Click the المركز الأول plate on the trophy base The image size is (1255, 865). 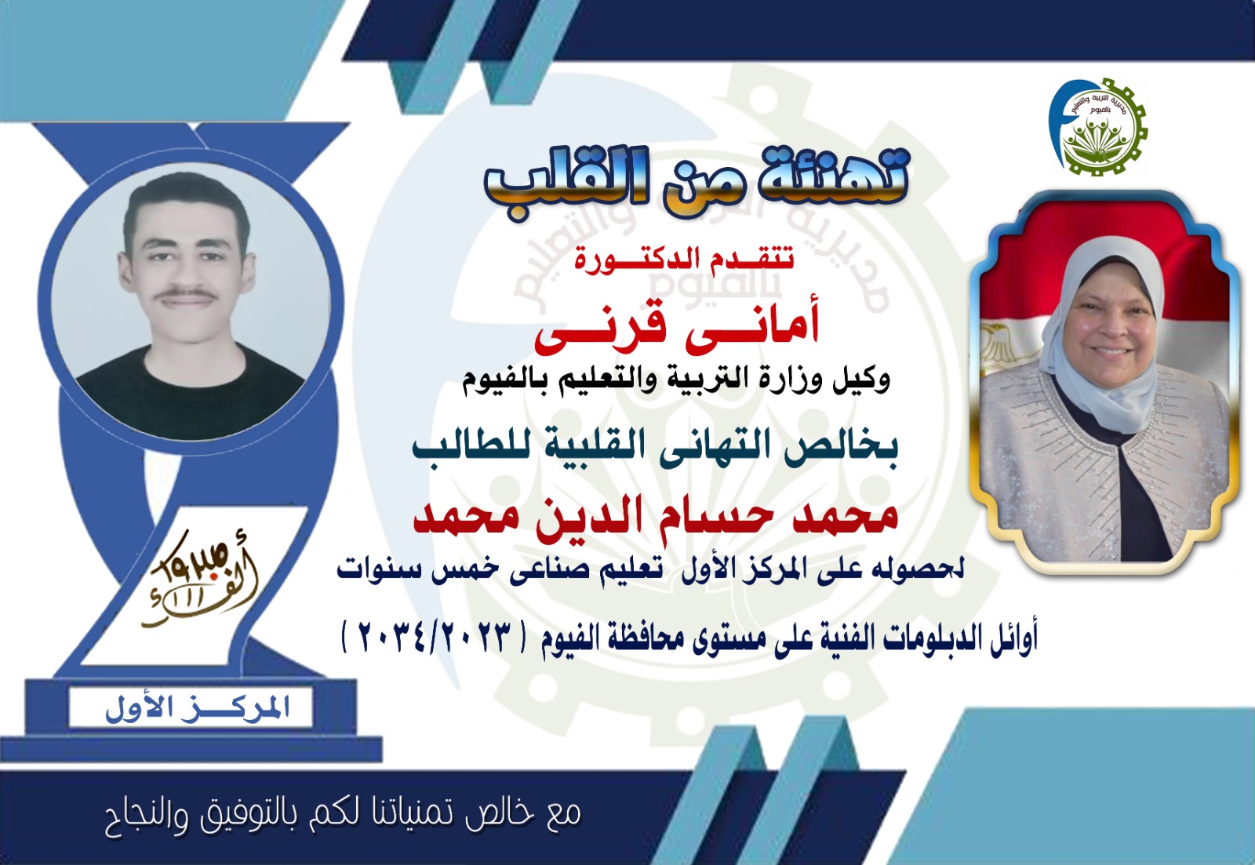191,707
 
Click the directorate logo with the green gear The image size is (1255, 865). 1099,126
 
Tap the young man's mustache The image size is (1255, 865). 187,294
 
